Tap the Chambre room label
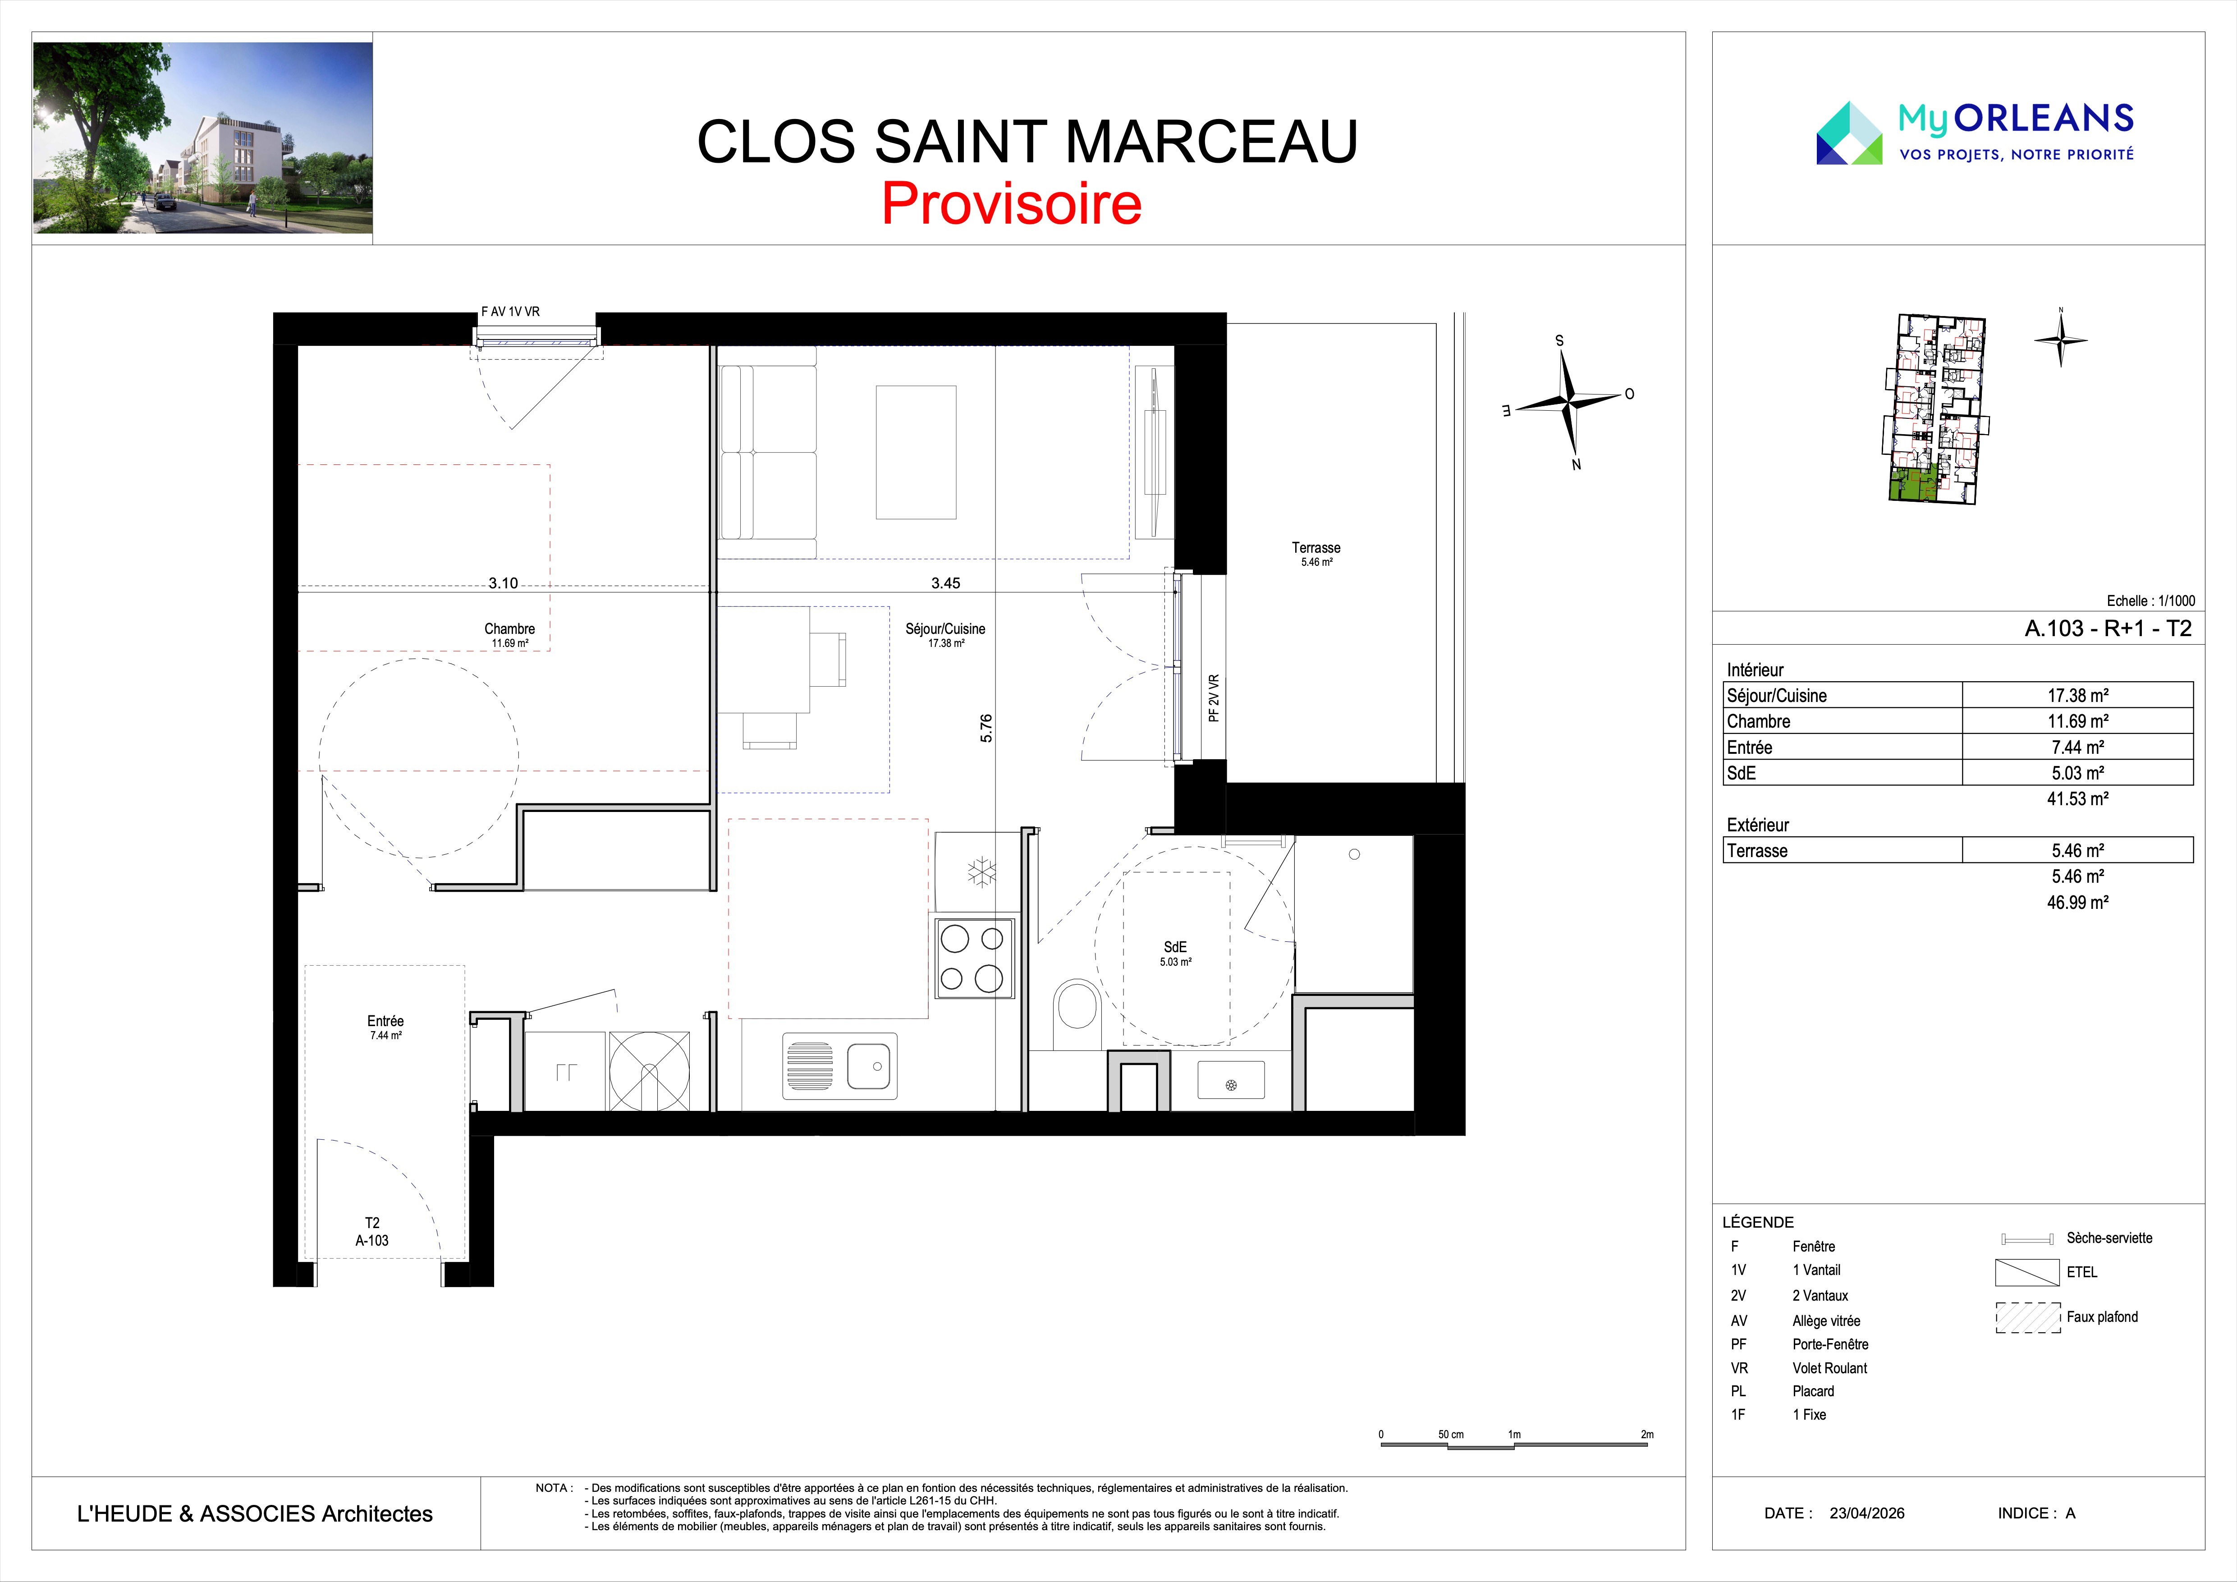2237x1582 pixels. [509, 629]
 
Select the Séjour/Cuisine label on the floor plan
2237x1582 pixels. [945, 629]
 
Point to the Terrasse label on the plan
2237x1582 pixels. [1316, 547]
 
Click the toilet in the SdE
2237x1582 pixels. [1077, 1004]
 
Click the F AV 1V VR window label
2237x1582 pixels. [510, 312]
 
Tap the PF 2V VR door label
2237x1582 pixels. [1214, 698]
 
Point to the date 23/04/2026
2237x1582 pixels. [1867, 1513]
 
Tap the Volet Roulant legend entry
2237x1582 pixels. [1830, 1368]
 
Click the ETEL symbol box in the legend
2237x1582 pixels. [2027, 1272]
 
